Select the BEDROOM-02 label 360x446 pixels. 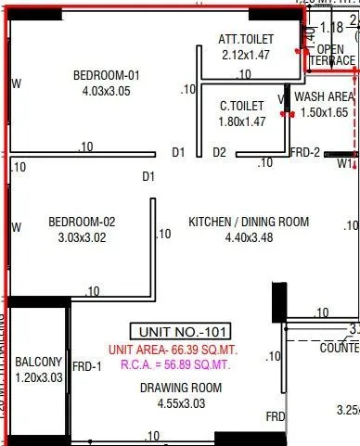point(82,222)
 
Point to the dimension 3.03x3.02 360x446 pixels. point(82,236)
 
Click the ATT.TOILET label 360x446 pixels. point(245,40)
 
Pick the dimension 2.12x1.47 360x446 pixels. point(245,56)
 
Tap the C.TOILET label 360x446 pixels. point(242,106)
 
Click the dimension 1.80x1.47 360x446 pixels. point(242,121)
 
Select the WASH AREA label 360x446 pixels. point(325,96)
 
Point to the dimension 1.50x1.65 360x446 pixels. point(325,111)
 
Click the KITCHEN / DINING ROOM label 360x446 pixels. point(249,223)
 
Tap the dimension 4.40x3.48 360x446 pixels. point(249,237)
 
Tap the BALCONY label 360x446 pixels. point(38,362)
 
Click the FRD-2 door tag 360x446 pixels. point(305,153)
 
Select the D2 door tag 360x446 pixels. point(219,152)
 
